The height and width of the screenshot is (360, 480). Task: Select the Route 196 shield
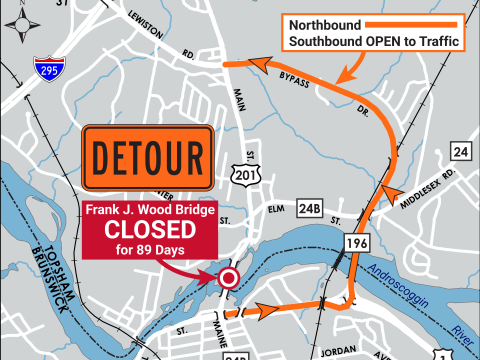(357, 242)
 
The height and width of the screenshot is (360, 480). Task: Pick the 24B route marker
(309, 210)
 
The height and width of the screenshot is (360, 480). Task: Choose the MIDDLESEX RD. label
(430, 184)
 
